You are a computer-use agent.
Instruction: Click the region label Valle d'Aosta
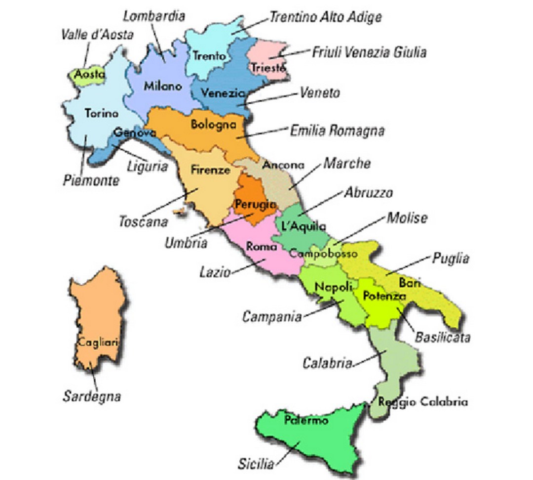tap(97, 35)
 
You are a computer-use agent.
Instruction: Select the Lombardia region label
tap(154, 16)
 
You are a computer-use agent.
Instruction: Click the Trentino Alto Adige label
tap(326, 17)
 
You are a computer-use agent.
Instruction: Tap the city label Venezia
tap(223, 93)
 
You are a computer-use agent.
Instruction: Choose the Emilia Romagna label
tap(337, 131)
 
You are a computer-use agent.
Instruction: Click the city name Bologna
tap(213, 124)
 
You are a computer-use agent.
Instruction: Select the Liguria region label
tap(148, 166)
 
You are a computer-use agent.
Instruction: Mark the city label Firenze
tap(210, 170)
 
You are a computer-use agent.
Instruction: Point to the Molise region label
tap(407, 218)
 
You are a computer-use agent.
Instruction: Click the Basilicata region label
tap(442, 338)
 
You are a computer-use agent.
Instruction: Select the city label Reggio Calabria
tap(423, 402)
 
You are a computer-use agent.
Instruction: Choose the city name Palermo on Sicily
tap(306, 421)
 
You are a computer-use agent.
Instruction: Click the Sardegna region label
tap(92, 396)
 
